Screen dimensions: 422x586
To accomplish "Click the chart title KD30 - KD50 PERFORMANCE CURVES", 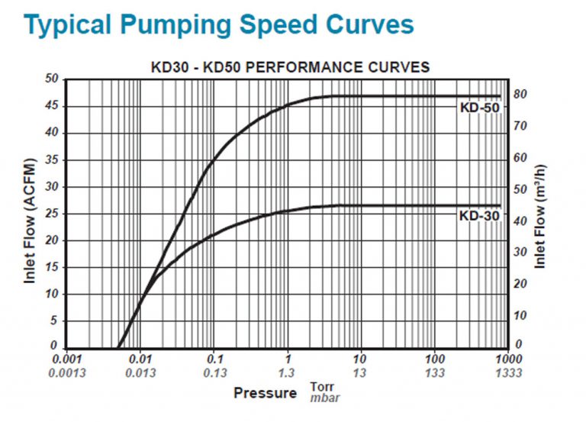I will tap(290, 67).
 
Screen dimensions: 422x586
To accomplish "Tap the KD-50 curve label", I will tap(479, 108).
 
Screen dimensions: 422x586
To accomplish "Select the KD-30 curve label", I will tap(479, 216).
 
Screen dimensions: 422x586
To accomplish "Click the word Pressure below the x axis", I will tap(265, 393).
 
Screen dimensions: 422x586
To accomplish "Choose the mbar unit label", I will tap(324, 398).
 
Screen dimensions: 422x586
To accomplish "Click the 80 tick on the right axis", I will tap(521, 95).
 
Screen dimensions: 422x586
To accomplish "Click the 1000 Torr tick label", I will tap(507, 359).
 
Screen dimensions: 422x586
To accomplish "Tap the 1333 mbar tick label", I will tap(507, 373).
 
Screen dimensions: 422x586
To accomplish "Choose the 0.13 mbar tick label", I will tap(215, 373).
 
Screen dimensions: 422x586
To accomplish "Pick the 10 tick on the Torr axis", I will tap(361, 359).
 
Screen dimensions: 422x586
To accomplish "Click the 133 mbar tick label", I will tap(435, 373).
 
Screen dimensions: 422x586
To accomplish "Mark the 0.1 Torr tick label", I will tap(215, 359).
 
